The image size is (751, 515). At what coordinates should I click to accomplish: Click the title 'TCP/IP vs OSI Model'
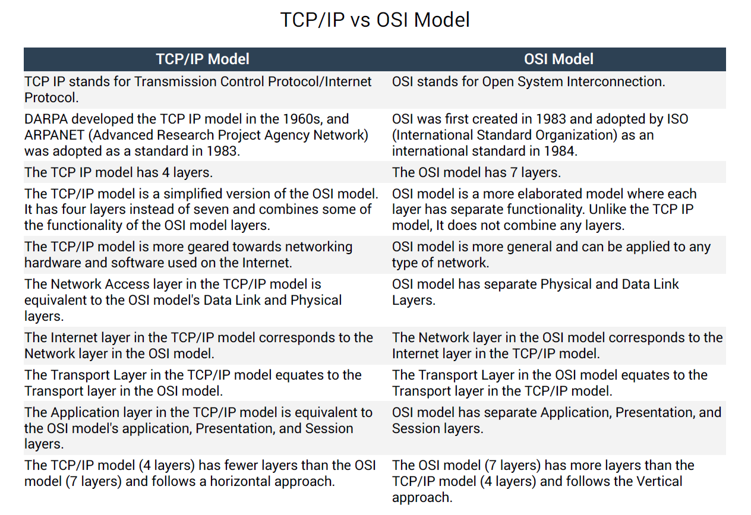pyautogui.click(x=375, y=20)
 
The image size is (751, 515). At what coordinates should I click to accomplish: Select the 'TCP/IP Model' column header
pyautogui.click(x=203, y=59)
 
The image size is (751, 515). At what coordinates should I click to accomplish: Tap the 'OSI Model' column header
pyautogui.click(x=558, y=59)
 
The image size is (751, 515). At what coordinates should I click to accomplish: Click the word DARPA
pyautogui.click(x=46, y=119)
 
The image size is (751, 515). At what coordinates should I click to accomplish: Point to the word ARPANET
pyautogui.click(x=54, y=135)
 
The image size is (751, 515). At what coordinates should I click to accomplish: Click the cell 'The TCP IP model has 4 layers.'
pyautogui.click(x=118, y=172)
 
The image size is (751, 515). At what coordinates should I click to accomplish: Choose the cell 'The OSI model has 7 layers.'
pyautogui.click(x=477, y=172)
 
